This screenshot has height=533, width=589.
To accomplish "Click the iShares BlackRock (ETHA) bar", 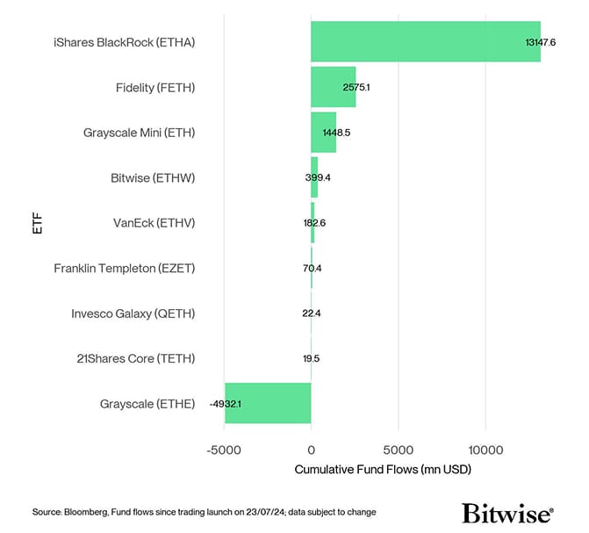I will (425, 41).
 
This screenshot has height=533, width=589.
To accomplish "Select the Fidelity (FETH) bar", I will (333, 87).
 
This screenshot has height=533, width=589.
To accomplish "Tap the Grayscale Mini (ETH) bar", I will (323, 133).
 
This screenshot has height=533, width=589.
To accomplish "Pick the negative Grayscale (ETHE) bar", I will (268, 403).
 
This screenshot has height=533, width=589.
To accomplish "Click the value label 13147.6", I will (540, 42).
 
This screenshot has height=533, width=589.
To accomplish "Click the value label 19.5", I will (311, 358).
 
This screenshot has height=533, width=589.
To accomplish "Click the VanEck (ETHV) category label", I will (154, 223).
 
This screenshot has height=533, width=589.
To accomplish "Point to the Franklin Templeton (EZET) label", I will (124, 268).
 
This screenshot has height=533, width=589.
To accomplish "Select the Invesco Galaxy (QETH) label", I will (133, 313).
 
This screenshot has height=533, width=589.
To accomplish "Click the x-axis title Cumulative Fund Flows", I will (383, 470).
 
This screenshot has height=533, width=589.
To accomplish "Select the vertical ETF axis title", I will (36, 223).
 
